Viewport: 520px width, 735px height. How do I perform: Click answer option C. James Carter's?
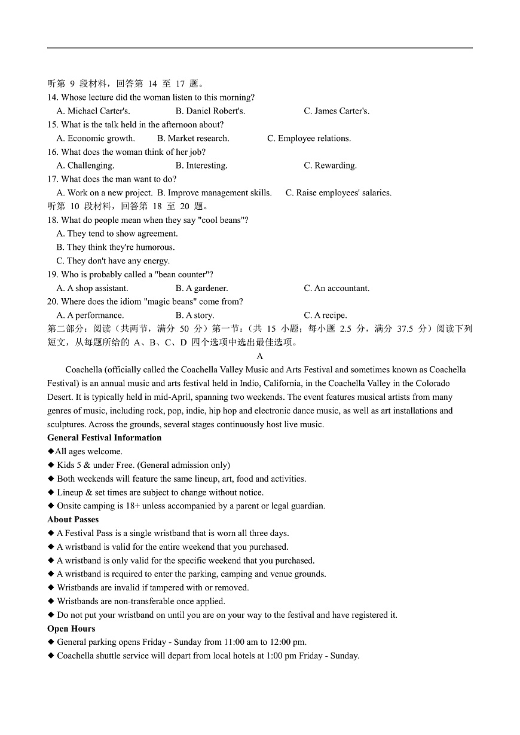pos(337,111)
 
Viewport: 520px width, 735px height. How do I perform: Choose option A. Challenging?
pos(85,166)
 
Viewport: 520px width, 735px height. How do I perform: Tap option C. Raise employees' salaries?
pos(338,192)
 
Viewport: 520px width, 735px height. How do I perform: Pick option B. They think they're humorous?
pos(115,247)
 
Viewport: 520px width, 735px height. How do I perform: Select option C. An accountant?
pos(337,288)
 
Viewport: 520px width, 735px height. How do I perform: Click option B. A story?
pos(194,316)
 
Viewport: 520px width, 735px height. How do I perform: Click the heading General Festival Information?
pos(105,438)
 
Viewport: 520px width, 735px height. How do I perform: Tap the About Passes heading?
pos(73,520)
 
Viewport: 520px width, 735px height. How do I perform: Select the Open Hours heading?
pos(71,629)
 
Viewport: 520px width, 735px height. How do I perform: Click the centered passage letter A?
pos(260,356)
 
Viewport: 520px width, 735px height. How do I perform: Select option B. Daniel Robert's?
pos(210,111)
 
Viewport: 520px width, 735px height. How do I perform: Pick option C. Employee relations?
pos(309,138)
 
